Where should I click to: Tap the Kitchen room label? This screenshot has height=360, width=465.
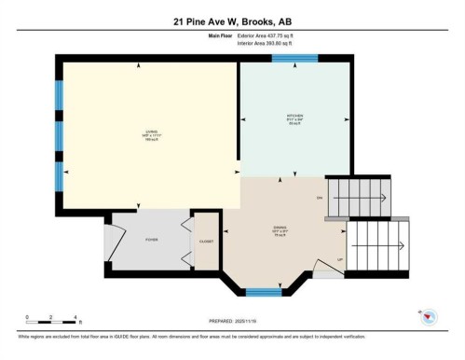[x=294, y=118]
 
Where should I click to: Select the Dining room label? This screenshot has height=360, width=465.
[x=279, y=232]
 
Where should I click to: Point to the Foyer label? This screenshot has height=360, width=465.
[x=152, y=240]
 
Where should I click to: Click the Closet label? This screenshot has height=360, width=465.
[x=206, y=242]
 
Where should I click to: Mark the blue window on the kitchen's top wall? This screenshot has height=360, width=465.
[x=294, y=59]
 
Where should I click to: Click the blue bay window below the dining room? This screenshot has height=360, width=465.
[x=264, y=292]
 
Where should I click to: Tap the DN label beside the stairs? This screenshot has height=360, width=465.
[x=320, y=198]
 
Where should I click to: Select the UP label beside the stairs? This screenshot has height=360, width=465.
[x=339, y=259]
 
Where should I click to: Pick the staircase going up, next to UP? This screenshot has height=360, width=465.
[x=377, y=246]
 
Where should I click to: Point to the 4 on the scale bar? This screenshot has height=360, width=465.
[x=77, y=317]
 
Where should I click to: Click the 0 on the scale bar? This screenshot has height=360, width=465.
[x=27, y=317]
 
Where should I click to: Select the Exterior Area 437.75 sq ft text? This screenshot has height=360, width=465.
[x=272, y=35]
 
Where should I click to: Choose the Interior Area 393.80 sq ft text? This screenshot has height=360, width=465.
[x=271, y=43]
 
